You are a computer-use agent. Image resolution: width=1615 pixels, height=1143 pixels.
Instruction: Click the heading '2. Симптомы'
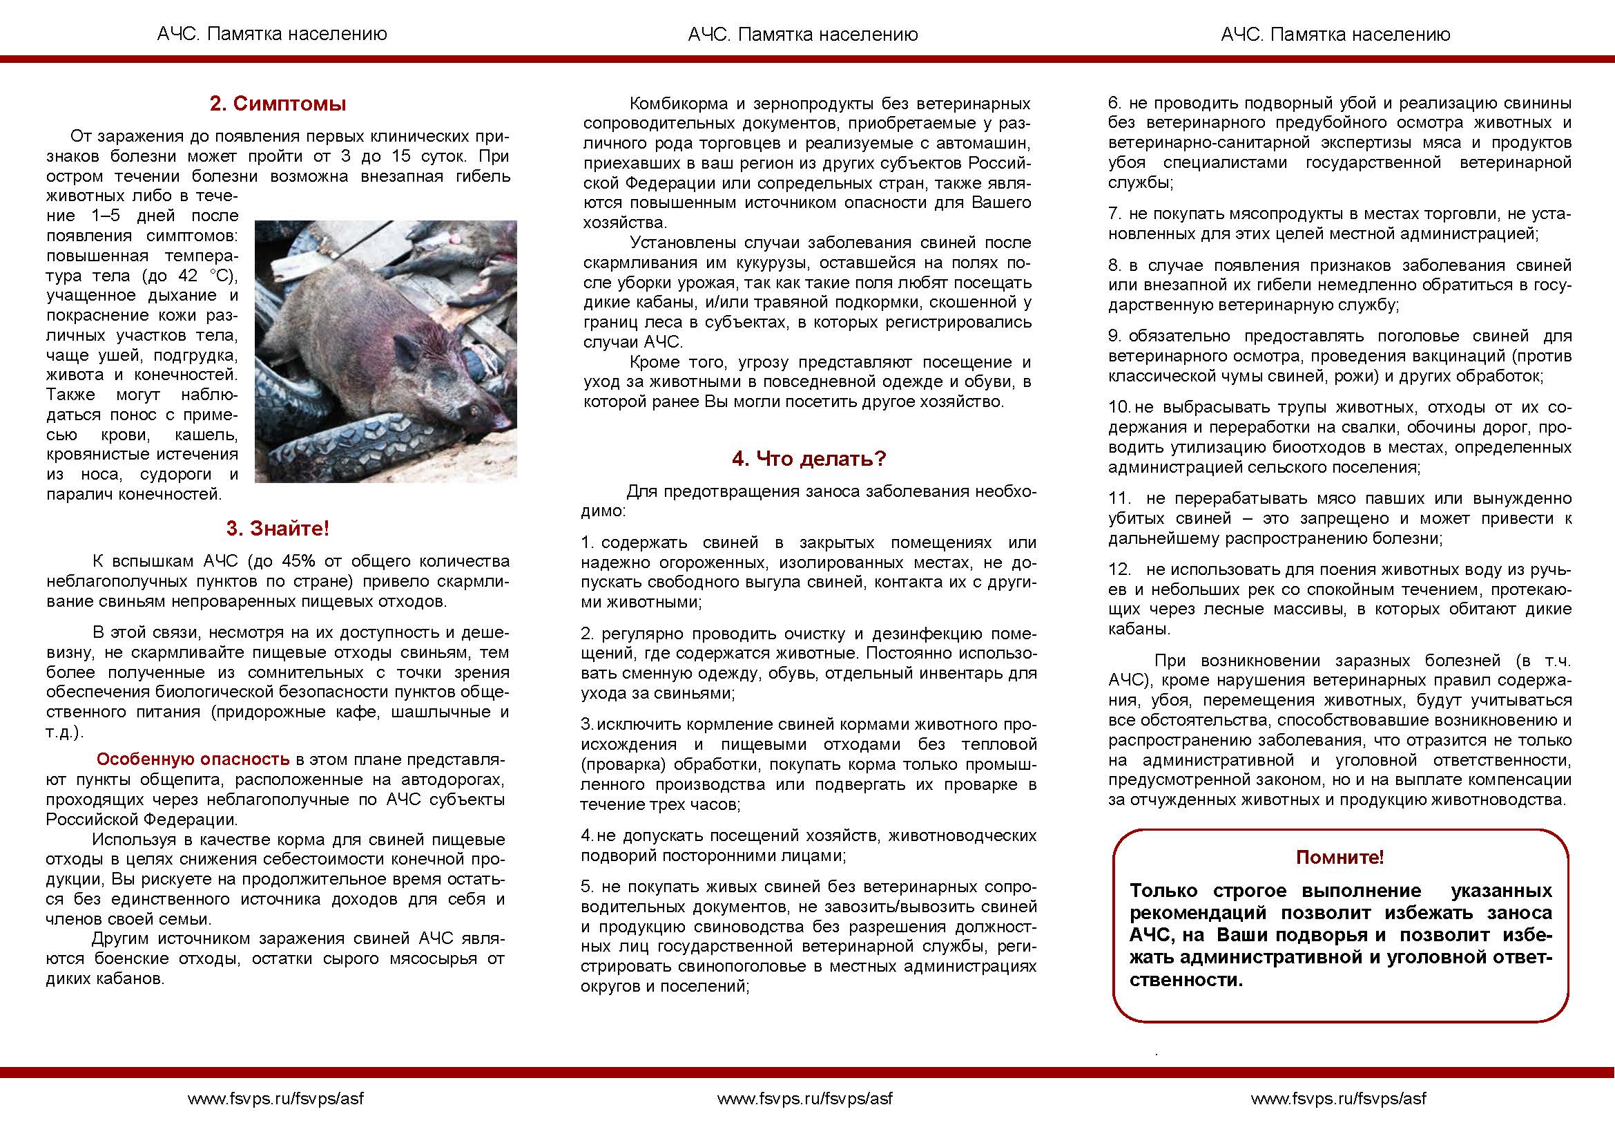(278, 104)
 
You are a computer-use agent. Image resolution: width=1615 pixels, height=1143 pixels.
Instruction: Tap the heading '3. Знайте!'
(278, 529)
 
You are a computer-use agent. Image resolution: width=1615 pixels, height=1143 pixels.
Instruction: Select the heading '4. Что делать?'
(809, 459)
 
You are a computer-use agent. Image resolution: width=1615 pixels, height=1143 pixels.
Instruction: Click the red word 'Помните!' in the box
(1340, 857)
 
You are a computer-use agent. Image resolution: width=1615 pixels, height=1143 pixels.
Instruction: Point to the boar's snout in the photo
(501, 421)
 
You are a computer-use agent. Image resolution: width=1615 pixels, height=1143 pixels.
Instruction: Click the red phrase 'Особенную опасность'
(193, 759)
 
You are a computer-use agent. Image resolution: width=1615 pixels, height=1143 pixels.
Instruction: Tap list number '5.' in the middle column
(588, 887)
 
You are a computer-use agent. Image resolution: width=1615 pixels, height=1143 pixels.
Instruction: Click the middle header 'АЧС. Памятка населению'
(802, 35)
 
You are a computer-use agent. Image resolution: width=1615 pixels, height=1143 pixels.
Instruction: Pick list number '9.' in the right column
(1116, 337)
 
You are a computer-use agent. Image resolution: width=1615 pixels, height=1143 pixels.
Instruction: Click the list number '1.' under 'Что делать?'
(588, 543)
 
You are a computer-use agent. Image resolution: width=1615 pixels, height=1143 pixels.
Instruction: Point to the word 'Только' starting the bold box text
(1163, 891)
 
